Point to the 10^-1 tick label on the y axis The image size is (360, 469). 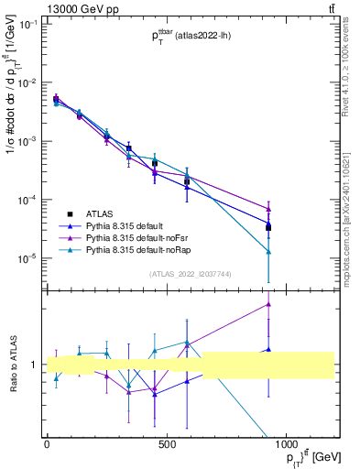[x=27, y=25]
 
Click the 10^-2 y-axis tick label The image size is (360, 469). [x=27, y=83]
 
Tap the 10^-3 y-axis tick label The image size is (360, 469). [x=27, y=142]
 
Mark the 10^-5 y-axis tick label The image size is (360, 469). [x=27, y=259]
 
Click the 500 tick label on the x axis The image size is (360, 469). [x=167, y=446]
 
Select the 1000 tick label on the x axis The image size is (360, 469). [x=286, y=446]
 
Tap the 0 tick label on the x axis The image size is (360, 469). [x=47, y=446]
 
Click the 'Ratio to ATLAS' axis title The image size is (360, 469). [x=12, y=365]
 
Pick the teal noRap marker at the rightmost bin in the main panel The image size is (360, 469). [x=268, y=251]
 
